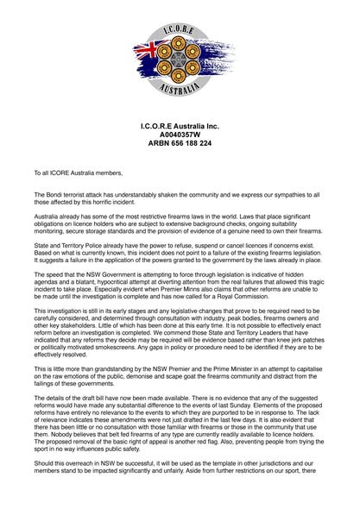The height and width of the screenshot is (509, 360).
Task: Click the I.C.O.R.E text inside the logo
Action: click(x=180, y=32)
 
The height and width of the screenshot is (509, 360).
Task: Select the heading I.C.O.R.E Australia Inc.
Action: click(x=180, y=126)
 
